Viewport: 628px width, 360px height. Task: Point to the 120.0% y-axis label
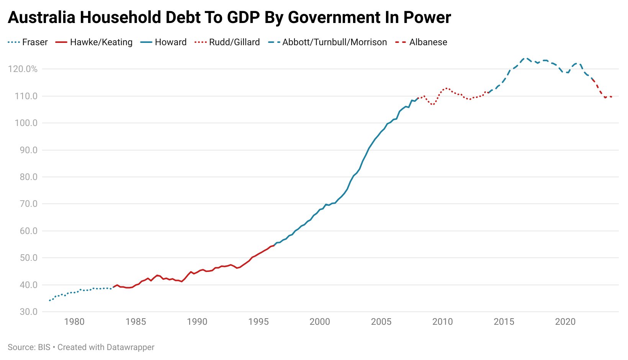[x=23, y=69]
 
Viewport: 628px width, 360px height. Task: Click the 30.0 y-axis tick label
[x=29, y=312]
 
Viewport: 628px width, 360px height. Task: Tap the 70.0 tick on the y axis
[x=29, y=204]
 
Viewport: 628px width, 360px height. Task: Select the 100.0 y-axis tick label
[x=26, y=123]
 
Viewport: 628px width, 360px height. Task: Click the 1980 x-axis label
[x=74, y=322]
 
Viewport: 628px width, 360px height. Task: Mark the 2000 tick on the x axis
[x=320, y=322]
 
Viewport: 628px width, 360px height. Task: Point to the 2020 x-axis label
[x=565, y=322]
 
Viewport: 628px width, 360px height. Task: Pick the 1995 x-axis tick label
[x=258, y=322]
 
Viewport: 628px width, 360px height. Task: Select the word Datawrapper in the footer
[x=130, y=347]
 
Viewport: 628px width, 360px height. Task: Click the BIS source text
[x=44, y=347]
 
